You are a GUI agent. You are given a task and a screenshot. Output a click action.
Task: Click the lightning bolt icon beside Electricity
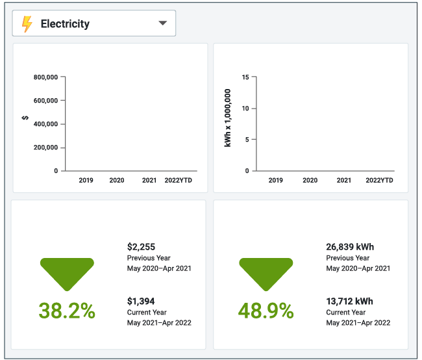point(27,24)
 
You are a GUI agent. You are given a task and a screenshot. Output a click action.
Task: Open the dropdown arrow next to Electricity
point(163,24)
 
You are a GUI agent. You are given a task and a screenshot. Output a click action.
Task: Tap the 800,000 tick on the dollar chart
point(46,77)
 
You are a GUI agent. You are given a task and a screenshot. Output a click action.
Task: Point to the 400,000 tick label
point(46,124)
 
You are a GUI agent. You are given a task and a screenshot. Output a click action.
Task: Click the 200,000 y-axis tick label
point(46,148)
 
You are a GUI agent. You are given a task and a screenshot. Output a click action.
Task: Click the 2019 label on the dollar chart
point(86,180)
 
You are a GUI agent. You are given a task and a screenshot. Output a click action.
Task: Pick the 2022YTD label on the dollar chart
point(179,180)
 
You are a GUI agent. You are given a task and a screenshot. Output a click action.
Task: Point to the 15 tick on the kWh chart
point(245,77)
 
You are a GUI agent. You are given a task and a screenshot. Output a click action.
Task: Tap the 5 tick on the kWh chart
point(247,140)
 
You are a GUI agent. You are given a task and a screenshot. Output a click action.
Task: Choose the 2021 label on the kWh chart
point(344,180)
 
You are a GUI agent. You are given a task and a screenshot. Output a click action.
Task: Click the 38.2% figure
point(67,311)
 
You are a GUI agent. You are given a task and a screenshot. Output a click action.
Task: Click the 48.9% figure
point(266,311)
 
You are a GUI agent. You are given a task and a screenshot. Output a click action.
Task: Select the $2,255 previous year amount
point(142,247)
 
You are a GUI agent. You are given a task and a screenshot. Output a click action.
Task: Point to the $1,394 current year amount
point(142,302)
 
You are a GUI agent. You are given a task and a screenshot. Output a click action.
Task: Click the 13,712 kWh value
point(349,302)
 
